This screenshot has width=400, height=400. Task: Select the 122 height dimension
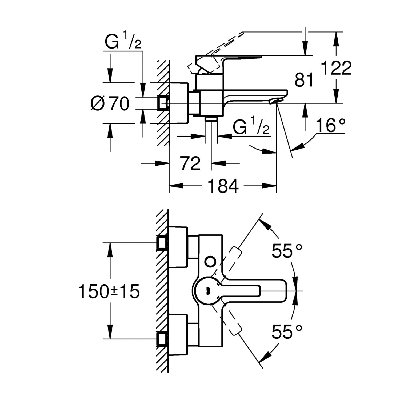(336, 68)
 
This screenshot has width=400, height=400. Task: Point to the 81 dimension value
(304, 80)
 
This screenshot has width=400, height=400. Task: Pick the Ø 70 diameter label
(110, 103)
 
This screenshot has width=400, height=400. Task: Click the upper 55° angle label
(287, 251)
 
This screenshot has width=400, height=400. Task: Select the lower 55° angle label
(287, 332)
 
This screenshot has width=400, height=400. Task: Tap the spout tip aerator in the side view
(275, 101)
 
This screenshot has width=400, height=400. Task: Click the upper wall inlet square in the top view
(162, 242)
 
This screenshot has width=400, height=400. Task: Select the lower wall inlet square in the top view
(162, 339)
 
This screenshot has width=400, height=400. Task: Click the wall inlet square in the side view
(162, 103)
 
